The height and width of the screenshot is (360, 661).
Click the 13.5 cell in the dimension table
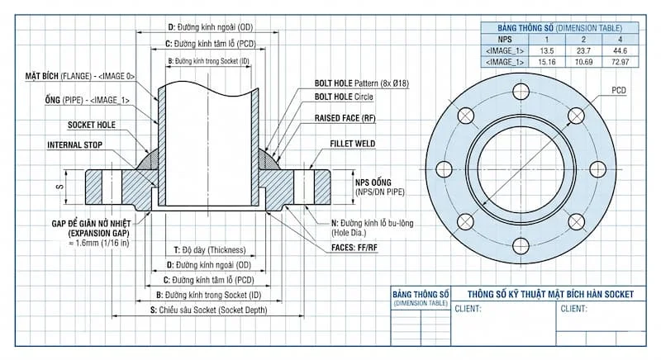[x=546, y=50]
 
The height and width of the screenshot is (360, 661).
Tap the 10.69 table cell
[x=583, y=62]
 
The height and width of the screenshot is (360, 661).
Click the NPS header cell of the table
[x=505, y=39]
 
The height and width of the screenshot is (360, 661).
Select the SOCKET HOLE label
[x=91, y=126]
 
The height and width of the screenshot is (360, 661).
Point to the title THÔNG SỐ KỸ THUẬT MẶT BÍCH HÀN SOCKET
[x=550, y=294]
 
